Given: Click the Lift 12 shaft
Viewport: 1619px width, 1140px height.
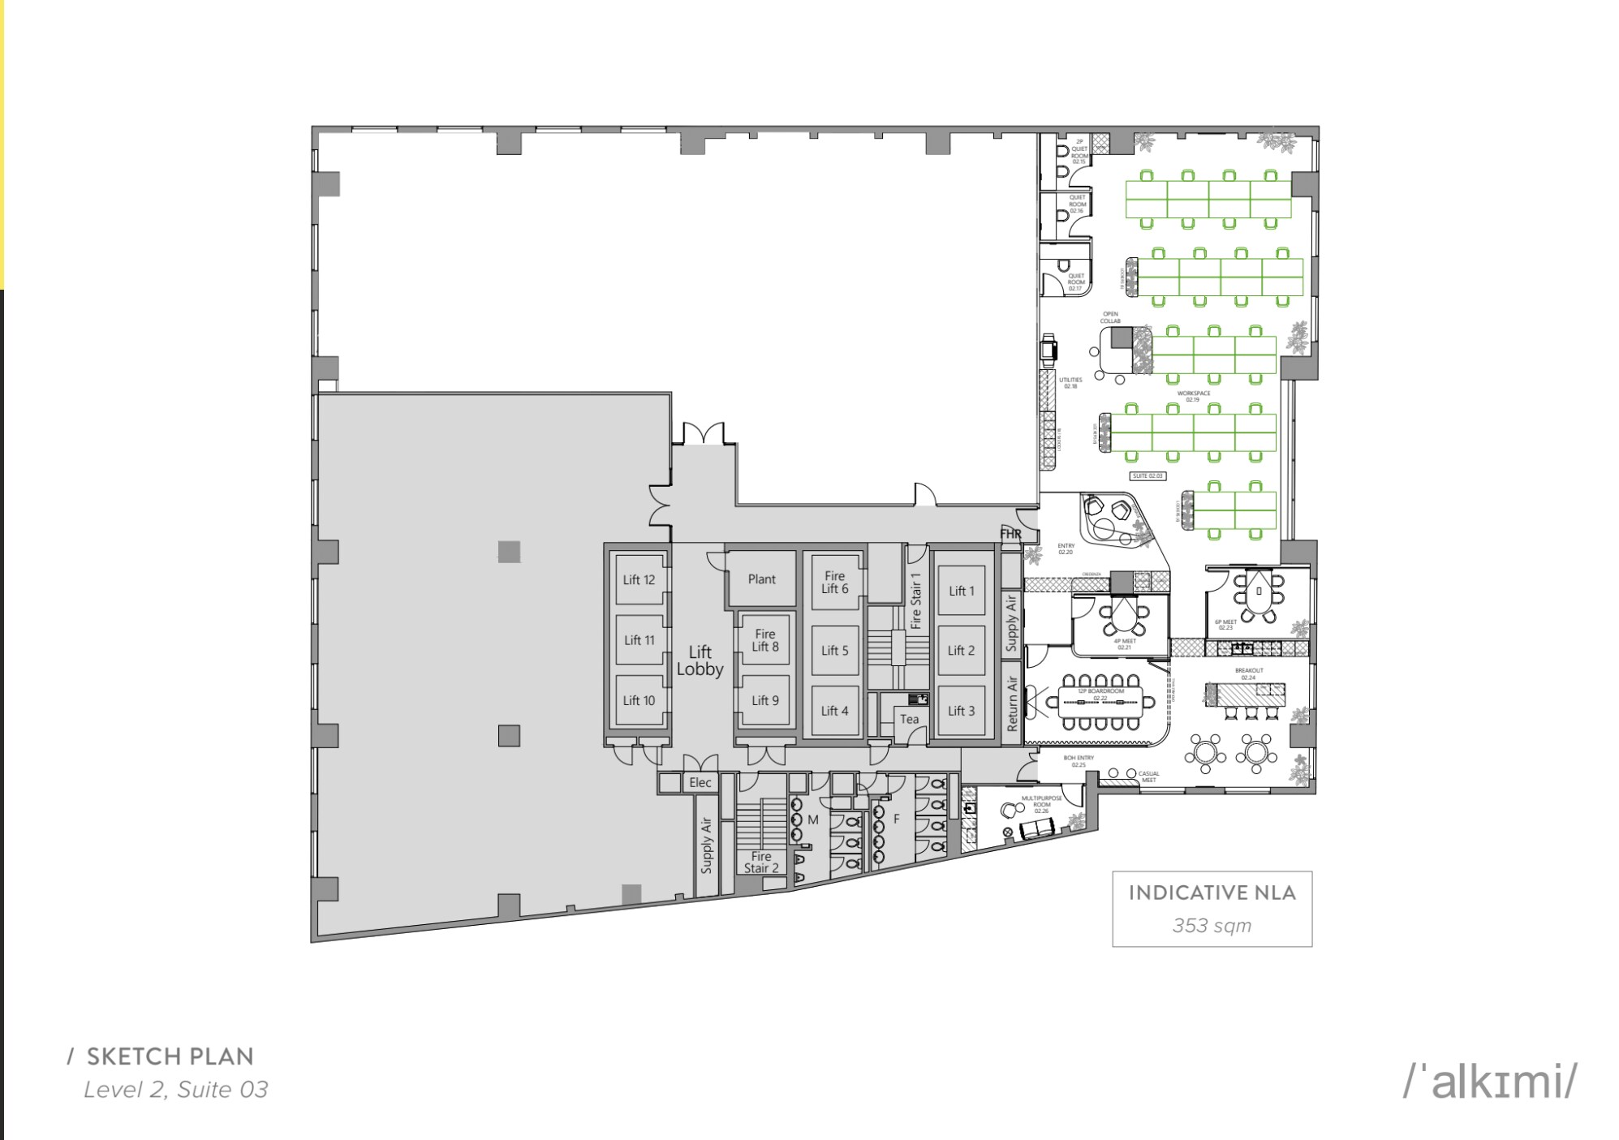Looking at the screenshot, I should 639,579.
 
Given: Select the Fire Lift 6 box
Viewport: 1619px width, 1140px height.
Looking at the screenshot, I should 834,582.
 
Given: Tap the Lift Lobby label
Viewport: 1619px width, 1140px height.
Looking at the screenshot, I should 700,660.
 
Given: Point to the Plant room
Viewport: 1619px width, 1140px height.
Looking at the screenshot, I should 761,579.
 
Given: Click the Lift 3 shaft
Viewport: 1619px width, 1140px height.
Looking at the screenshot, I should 961,711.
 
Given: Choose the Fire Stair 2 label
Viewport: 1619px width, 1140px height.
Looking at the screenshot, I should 761,862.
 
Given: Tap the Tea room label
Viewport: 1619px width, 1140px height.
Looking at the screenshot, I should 909,719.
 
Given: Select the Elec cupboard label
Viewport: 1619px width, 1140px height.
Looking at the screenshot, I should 700,782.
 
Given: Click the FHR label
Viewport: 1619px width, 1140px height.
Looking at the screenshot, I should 1010,534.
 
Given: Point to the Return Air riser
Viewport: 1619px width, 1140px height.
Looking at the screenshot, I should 1011,703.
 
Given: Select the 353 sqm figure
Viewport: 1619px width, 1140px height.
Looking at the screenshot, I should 1212,925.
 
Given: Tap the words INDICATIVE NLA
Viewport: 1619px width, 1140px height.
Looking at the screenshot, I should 1212,893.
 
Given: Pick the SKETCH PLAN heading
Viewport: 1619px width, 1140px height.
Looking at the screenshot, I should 170,1056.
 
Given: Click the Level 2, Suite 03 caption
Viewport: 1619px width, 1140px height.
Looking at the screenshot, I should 175,1089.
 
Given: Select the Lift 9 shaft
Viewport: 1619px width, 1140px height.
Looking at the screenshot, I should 764,700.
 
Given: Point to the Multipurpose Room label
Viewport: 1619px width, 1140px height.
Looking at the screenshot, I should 1041,804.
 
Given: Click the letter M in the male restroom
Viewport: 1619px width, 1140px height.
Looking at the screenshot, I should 812,820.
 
